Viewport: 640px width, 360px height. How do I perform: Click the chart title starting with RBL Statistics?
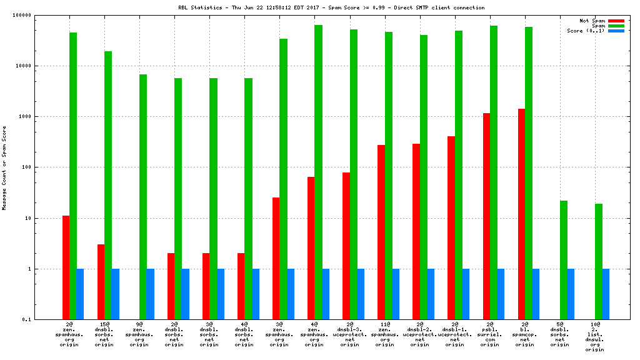(331, 8)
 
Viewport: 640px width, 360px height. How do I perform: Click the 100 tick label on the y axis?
(24, 167)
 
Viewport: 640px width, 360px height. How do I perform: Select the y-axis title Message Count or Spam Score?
(5, 167)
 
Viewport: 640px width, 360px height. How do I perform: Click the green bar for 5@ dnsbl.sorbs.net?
(563, 260)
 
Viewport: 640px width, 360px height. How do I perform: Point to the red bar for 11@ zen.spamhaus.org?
(381, 232)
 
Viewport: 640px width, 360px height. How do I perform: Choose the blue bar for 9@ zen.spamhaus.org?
(150, 294)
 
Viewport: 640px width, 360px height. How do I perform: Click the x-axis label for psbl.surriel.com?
(490, 335)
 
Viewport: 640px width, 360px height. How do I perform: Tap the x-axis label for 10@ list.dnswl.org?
(595, 337)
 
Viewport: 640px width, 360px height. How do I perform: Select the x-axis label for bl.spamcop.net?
(525, 335)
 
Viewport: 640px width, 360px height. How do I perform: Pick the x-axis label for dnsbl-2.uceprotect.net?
(420, 335)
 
